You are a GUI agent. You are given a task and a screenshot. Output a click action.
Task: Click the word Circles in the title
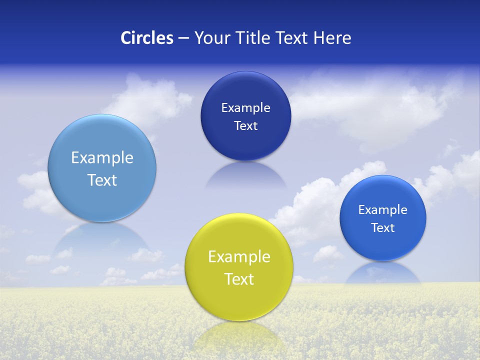(147, 38)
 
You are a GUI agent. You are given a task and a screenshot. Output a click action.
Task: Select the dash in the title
(183, 38)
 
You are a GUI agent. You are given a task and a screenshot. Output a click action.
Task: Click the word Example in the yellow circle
(239, 257)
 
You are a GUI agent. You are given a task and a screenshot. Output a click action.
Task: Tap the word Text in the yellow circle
(239, 279)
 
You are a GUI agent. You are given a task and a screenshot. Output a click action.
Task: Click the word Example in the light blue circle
(102, 158)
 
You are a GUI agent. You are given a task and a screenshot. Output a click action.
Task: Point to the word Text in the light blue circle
(102, 180)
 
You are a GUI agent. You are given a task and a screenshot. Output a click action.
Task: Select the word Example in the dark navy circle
(245, 107)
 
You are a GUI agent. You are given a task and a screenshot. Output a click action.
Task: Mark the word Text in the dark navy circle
(245, 125)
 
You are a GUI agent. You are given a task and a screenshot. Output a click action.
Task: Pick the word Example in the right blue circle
(383, 209)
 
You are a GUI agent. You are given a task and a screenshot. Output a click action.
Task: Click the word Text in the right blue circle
(383, 227)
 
